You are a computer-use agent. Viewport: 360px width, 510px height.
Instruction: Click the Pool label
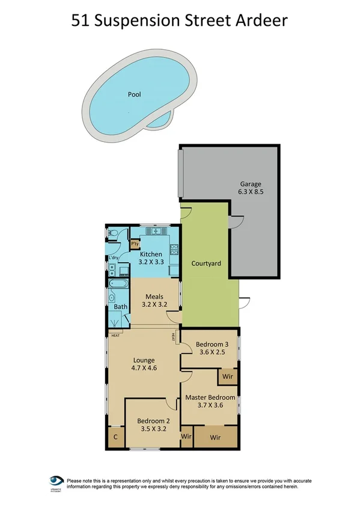point(135,94)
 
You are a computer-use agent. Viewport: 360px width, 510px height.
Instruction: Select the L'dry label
point(114,259)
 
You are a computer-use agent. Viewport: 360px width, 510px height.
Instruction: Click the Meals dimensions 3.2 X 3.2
point(154,304)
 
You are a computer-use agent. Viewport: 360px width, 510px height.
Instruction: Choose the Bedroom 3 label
point(210,344)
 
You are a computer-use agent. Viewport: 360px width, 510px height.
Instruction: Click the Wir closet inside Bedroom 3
point(228,377)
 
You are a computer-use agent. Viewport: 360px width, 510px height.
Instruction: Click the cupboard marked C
point(115,437)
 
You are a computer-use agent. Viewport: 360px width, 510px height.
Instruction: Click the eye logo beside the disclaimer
point(56,481)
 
